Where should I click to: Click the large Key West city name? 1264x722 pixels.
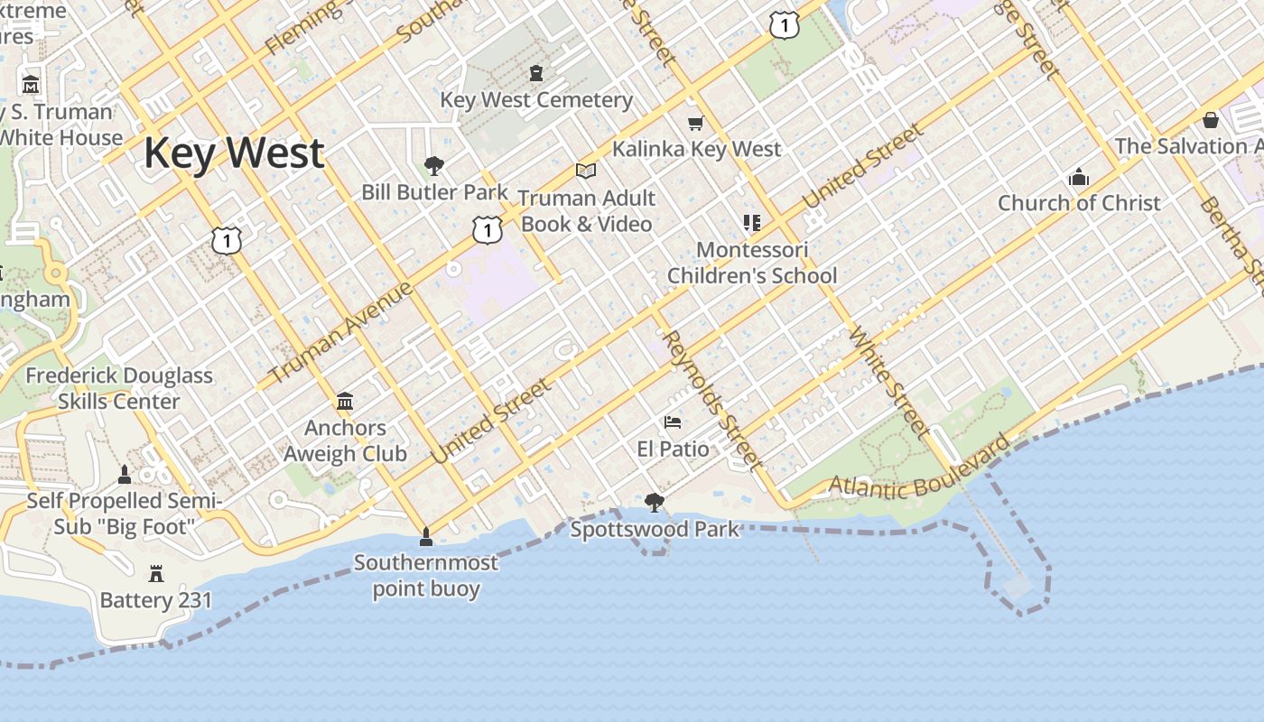tap(234, 153)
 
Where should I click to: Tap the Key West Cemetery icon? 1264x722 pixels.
tap(536, 73)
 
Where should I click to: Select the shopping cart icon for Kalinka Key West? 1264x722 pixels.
tap(695, 123)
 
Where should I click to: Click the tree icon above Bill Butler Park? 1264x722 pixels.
tap(434, 166)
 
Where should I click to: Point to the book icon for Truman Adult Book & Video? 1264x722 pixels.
tap(586, 171)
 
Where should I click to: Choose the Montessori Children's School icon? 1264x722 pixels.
tap(751, 222)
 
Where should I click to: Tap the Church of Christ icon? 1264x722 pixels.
tap(1078, 178)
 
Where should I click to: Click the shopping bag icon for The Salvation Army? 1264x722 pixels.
tap(1211, 120)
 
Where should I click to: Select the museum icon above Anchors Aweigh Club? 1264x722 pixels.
tap(344, 401)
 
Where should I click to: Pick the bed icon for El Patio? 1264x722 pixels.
tap(672, 422)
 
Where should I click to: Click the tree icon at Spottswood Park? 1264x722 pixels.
tap(655, 503)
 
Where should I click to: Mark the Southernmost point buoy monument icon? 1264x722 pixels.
tap(426, 538)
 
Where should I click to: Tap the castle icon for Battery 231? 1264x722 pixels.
tap(156, 573)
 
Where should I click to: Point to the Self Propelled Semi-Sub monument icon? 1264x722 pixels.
tap(125, 475)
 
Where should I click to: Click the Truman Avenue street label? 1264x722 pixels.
tap(341, 332)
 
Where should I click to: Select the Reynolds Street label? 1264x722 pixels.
tap(711, 397)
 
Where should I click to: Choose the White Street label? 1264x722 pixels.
tap(888, 383)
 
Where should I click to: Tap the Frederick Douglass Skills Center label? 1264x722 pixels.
tap(119, 388)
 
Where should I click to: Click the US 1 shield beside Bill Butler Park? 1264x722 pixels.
tap(487, 230)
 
